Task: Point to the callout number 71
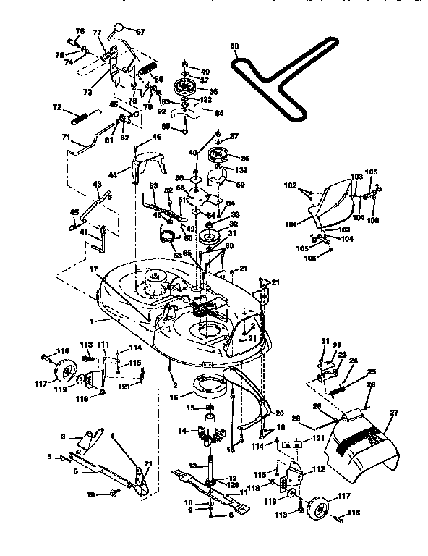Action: pos(65,138)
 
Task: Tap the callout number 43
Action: pos(97,185)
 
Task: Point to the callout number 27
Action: pos(394,413)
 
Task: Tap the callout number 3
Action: pos(63,437)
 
